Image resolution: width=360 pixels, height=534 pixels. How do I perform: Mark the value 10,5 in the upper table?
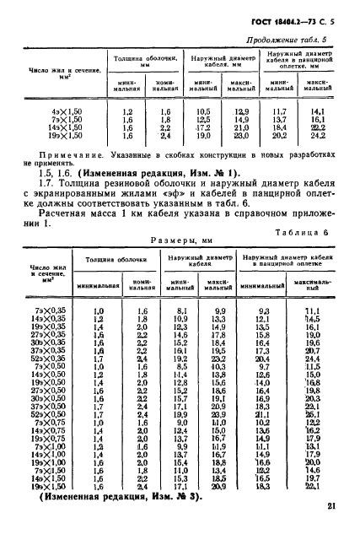tap(203, 111)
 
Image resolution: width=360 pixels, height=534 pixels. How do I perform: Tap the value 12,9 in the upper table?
tap(243, 111)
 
